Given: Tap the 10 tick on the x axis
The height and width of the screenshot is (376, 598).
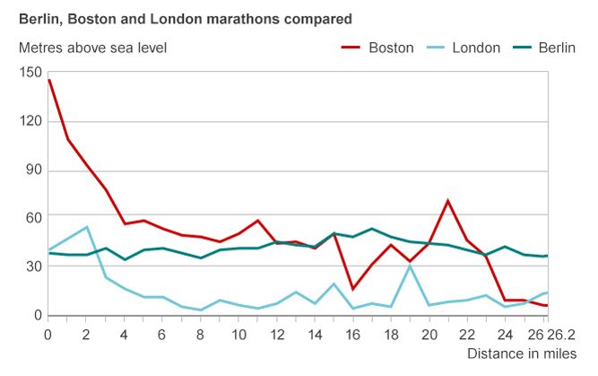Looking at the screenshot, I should pos(239,334).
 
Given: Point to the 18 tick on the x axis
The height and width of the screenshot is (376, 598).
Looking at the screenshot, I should pos(392,334).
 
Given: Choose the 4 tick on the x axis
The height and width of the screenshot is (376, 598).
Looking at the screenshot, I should pos(125,334).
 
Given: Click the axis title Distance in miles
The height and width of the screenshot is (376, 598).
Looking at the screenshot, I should pos(521,354).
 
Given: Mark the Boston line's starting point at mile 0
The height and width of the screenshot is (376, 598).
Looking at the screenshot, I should pos(49,80).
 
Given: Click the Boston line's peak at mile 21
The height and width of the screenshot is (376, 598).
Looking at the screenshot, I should pos(448,201).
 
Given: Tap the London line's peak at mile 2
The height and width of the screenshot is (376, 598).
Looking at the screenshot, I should pos(87,227).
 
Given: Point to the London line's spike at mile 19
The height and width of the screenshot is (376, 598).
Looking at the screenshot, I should pos(410,266).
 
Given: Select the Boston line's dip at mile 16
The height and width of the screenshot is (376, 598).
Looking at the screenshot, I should pos(353,289).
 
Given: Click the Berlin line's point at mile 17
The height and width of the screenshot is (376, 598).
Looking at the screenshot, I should pos(372,229).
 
